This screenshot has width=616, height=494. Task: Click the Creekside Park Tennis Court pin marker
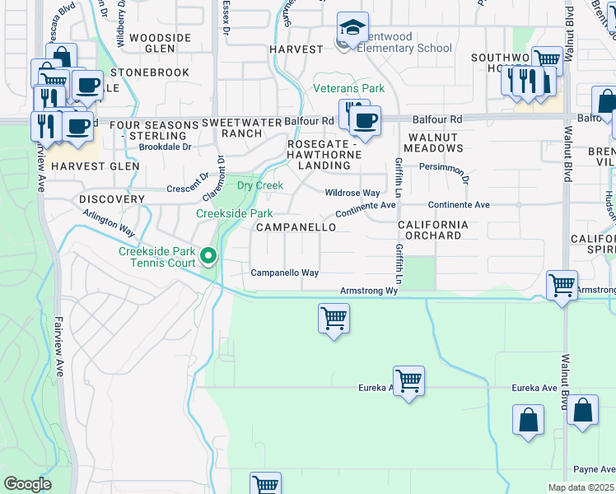coord(209,258)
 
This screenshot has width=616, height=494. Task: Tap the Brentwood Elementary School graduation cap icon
coord(352,28)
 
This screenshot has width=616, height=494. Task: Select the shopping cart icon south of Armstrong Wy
coord(334,317)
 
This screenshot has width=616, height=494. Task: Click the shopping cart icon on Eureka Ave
coord(408,380)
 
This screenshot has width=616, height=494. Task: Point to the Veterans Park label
coord(348,88)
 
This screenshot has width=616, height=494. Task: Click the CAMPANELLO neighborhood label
coord(296,226)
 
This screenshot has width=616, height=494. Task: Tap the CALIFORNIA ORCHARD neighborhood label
coord(433,230)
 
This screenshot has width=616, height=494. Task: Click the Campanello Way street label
coord(284,273)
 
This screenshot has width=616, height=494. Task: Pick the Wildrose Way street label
coord(352,193)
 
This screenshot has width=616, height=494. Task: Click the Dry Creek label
coord(260,185)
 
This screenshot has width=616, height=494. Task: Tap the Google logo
coord(27,484)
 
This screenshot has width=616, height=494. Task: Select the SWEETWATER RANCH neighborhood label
coord(231,128)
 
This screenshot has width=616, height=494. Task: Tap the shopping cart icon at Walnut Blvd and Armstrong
coord(562,285)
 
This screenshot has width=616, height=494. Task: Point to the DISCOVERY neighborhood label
coord(112,199)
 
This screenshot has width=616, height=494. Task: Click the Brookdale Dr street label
coord(165,147)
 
